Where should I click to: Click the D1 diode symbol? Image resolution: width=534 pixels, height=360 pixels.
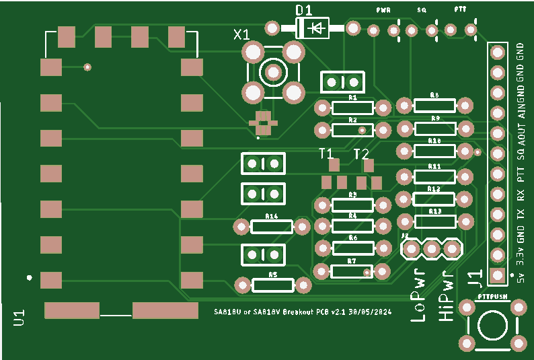pyautogui.click(x=313, y=28)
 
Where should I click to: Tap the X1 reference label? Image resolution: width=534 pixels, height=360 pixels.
pyautogui.click(x=241, y=34)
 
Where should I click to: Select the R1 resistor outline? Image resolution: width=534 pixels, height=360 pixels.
pyautogui.click(x=352, y=108)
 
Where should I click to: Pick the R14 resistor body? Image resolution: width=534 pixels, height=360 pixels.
pyautogui.click(x=272, y=226)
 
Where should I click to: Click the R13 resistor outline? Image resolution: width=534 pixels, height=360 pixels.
pyautogui.click(x=435, y=221)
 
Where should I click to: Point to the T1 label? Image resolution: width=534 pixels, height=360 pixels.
pyautogui.click(x=326, y=153)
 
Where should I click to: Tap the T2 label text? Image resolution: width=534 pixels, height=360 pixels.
pyautogui.click(x=361, y=153)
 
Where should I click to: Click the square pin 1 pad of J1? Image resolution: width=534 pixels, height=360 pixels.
pyautogui.click(x=497, y=275)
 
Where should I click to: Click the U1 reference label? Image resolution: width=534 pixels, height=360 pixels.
pyautogui.click(x=19, y=318)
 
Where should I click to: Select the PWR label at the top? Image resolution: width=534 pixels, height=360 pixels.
pyautogui.click(x=384, y=11)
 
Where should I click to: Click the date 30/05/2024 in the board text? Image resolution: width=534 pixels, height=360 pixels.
pyautogui.click(x=370, y=312)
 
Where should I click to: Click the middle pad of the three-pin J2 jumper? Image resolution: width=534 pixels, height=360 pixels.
pyautogui.click(x=430, y=249)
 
